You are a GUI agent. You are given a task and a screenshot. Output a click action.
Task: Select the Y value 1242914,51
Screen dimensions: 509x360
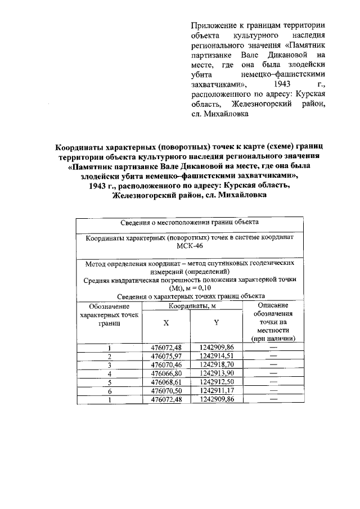tap(216, 356)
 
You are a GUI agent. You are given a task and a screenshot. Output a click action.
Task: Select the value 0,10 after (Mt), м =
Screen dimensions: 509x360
tap(202, 287)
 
